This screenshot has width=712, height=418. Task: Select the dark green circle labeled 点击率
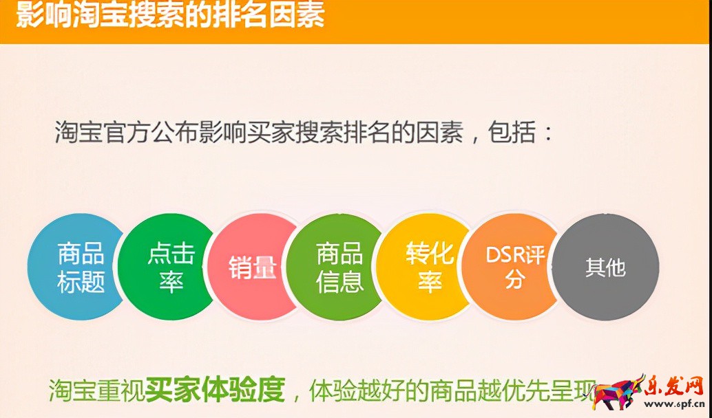pyautogui.click(x=169, y=267)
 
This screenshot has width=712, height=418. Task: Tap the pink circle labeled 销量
pyautogui.click(x=253, y=267)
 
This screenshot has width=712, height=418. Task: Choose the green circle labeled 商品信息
pyautogui.click(x=339, y=267)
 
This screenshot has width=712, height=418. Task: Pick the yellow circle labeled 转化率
pyautogui.click(x=428, y=267)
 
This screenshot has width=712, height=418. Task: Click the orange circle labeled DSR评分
pyautogui.click(x=514, y=267)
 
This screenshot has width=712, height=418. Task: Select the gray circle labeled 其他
pyautogui.click(x=606, y=267)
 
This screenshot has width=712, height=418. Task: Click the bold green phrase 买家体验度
pyautogui.click(x=215, y=390)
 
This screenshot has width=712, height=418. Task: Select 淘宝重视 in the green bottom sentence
pyautogui.click(x=96, y=390)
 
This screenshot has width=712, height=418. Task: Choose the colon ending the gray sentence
pyautogui.click(x=547, y=132)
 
